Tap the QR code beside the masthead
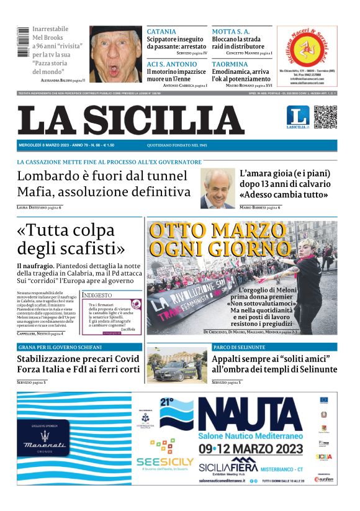coord(325,117)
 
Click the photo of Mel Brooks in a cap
coord(115,53)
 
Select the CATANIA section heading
coord(161,32)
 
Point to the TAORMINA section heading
coord(230,64)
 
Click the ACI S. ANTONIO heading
coord(170,64)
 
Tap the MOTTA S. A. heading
coord(232,32)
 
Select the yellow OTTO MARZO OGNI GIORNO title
coord(220,240)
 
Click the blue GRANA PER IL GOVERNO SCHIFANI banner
coord(79,347)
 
